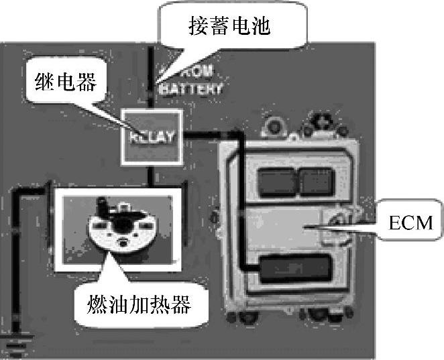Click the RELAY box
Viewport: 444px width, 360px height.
[x=151, y=137]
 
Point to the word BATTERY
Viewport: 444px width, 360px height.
[x=194, y=88]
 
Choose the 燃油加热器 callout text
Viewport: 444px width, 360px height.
[x=140, y=307]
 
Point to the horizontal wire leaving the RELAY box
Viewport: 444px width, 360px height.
[x=201, y=136]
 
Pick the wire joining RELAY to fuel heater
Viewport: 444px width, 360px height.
[x=154, y=175]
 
